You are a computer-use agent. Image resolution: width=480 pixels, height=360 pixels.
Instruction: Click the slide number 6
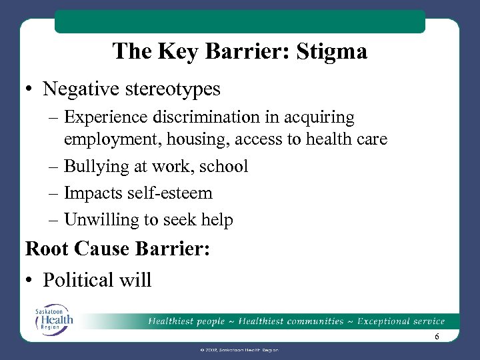pos(436,337)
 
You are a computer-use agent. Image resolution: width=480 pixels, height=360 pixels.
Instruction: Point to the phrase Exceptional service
pos(401,322)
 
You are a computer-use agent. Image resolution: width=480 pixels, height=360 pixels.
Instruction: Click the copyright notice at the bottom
pos(239,350)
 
